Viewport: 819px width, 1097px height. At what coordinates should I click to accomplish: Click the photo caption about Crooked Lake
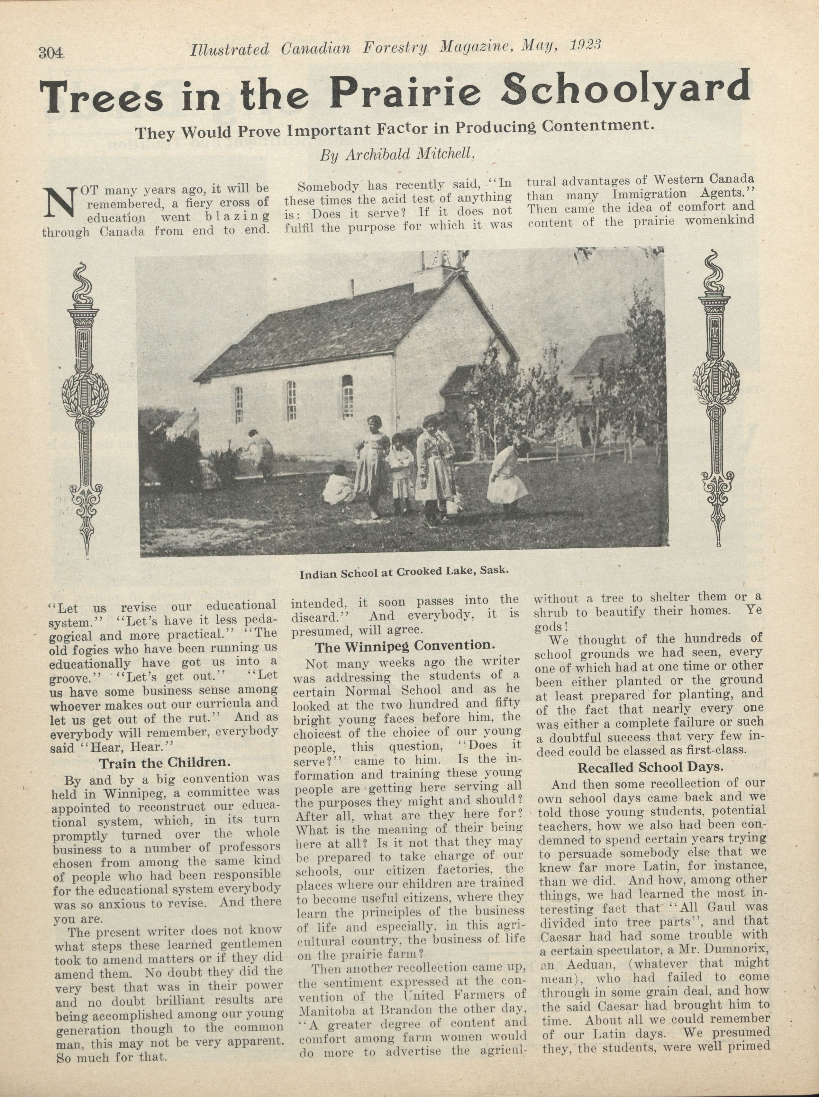[404, 572]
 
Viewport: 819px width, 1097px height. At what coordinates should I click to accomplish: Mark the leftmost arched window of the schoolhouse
[239, 404]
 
